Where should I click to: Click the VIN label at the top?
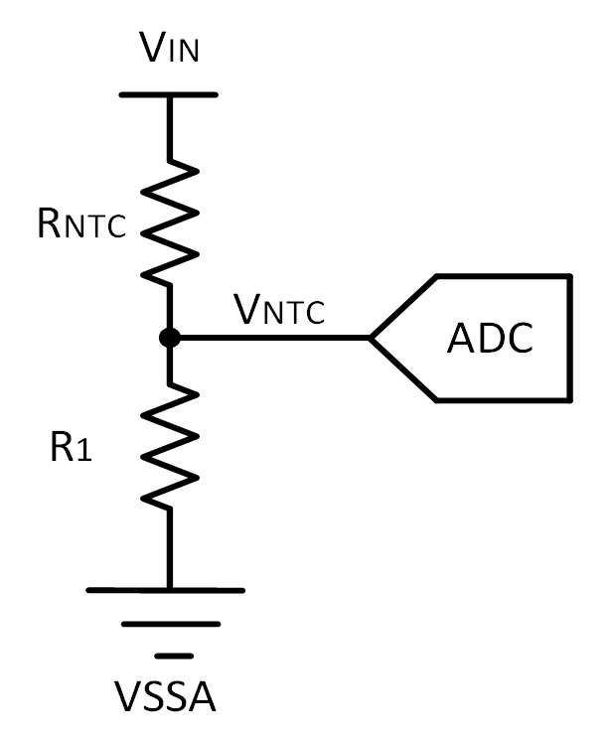(169, 46)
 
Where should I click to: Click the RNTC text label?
(80, 224)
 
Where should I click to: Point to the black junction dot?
(170, 338)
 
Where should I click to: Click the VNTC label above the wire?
(279, 310)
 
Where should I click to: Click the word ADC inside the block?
(490, 339)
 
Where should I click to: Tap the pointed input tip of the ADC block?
(373, 338)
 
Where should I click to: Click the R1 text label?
(70, 449)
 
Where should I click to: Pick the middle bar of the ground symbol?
(171, 624)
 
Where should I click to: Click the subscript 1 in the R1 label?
(84, 453)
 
